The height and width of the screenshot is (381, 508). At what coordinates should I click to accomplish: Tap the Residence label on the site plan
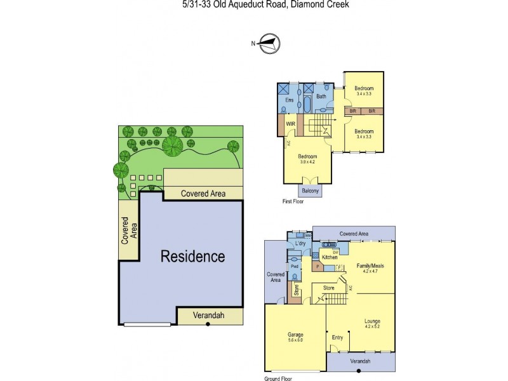tap(192, 257)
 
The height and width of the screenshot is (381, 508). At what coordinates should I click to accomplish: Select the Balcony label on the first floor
tap(311, 190)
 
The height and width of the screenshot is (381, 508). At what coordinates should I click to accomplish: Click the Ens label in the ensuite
tap(289, 100)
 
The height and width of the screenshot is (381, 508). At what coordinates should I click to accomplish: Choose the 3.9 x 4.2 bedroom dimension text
tap(308, 162)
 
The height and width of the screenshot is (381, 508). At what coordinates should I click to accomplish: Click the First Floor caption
tap(294, 201)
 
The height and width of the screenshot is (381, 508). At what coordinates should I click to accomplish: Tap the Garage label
tap(295, 335)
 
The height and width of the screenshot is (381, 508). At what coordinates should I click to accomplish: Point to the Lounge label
tap(372, 321)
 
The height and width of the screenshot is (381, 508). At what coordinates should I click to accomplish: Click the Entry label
tap(337, 337)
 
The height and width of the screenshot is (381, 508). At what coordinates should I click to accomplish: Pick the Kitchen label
tap(329, 257)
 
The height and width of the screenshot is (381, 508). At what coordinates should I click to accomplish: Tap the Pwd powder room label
tap(294, 267)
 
